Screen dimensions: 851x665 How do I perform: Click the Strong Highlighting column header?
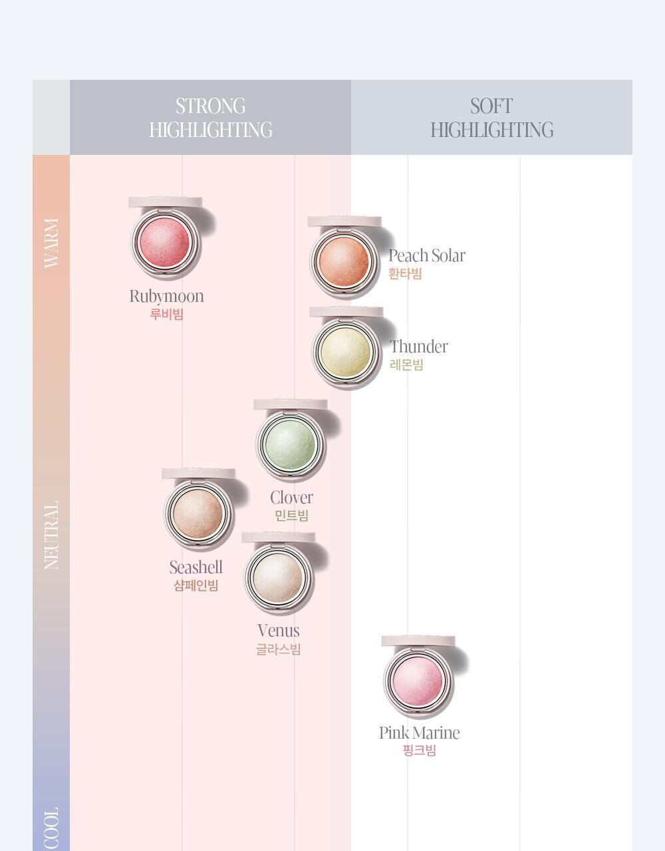coord(210,118)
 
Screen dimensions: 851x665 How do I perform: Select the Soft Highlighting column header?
coord(491,118)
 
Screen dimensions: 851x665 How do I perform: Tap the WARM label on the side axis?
coord(51,243)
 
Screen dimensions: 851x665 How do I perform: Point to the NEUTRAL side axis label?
coord(51,535)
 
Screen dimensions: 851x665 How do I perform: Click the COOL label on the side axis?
coord(51,827)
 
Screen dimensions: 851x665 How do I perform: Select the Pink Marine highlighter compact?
coord(418,680)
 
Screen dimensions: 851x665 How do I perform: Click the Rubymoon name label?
coord(166,297)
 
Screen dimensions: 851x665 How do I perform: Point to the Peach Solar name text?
coord(427,256)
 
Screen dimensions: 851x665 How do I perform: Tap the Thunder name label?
coord(419,347)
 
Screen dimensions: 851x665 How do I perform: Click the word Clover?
coord(291,498)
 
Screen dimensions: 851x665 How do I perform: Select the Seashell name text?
coord(196,568)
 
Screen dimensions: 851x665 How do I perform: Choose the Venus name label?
coord(279,631)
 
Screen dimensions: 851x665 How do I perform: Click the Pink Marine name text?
coord(420,733)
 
